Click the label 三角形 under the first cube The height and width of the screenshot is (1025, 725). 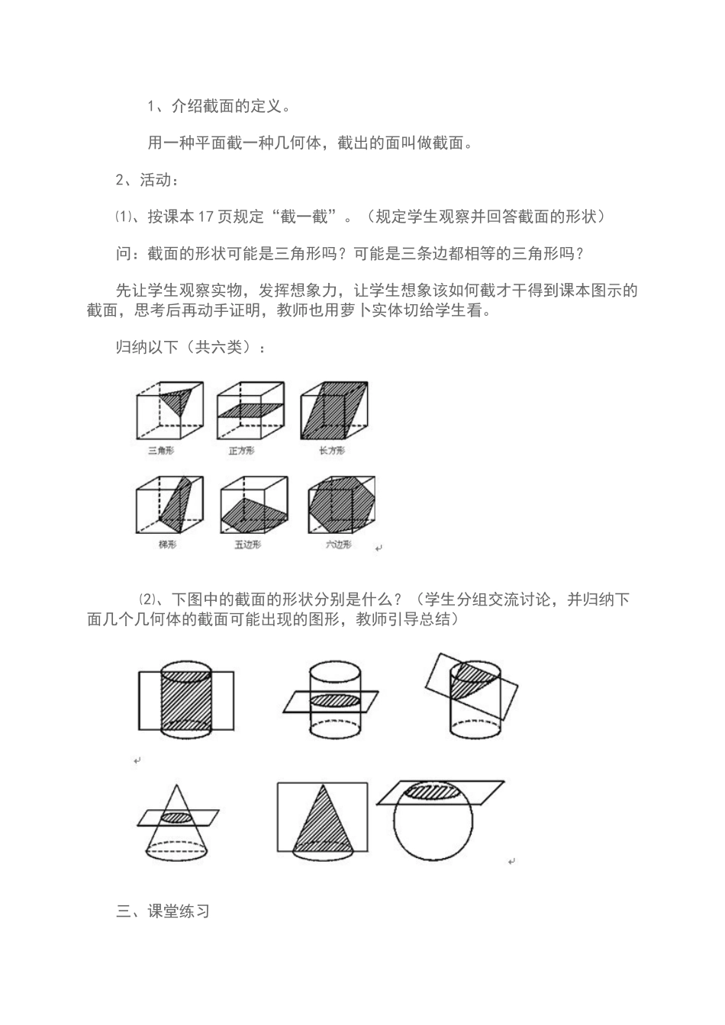pos(162,451)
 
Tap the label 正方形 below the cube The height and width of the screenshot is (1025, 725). pos(242,451)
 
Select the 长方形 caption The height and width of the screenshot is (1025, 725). pos(333,451)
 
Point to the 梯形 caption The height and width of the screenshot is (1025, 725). pos(168,545)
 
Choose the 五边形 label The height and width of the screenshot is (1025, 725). pos(248,545)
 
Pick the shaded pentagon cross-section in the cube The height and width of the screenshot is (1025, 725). pos(249,512)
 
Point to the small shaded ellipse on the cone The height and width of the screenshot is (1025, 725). pos(176,817)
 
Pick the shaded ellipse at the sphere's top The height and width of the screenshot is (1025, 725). pos(433,791)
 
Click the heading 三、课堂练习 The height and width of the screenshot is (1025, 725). pos(163,911)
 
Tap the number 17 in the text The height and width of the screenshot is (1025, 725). pos(205,217)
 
